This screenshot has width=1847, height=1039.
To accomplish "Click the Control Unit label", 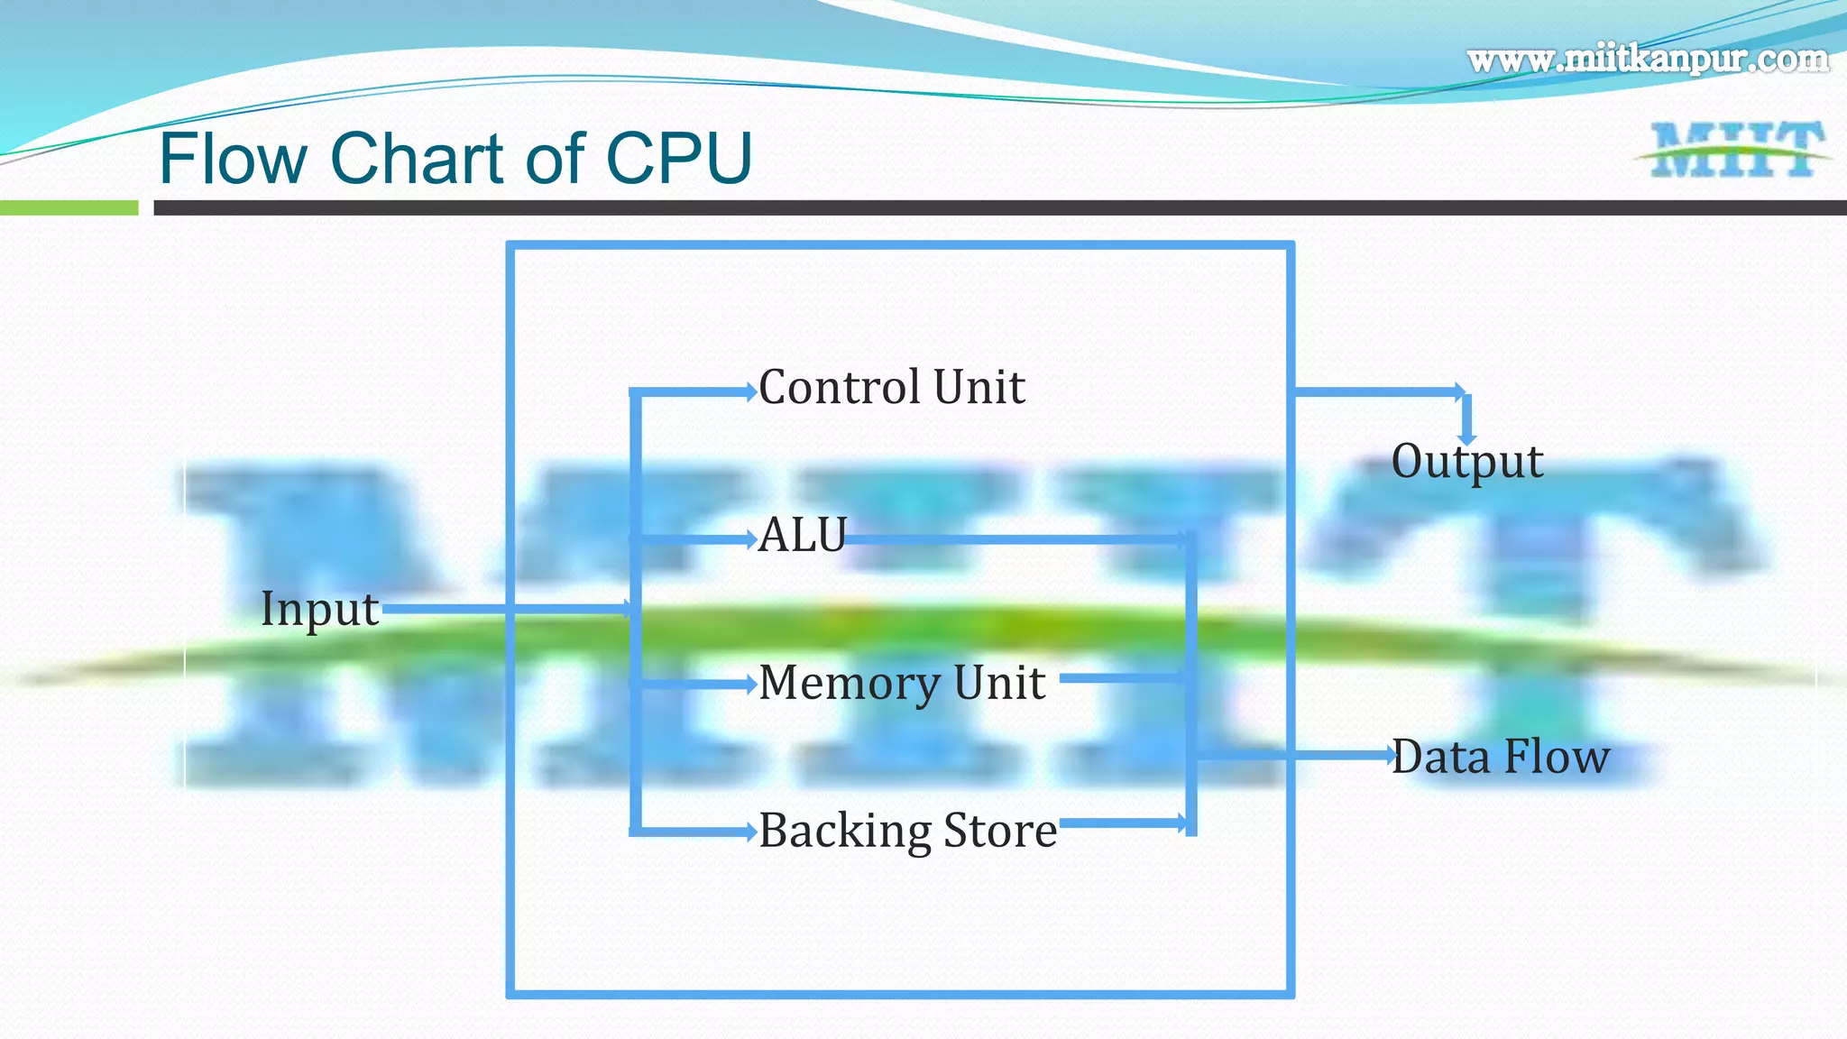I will (x=891, y=388).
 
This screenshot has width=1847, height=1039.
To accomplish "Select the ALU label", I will (x=803, y=535).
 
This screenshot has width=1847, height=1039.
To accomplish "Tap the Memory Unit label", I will (x=902, y=683).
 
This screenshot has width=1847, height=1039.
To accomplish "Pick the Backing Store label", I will (x=907, y=831).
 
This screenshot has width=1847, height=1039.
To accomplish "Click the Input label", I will (x=319, y=609).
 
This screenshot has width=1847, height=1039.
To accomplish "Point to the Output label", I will (x=1466, y=462).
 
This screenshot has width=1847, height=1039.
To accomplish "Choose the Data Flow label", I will (x=1500, y=757).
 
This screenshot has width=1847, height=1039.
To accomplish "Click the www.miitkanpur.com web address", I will (x=1647, y=60).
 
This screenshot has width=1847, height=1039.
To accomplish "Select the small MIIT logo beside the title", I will (x=1733, y=150).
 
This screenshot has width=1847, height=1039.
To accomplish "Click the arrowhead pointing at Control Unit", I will (x=750, y=391).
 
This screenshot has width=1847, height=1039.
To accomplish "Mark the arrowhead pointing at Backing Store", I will (x=750, y=832).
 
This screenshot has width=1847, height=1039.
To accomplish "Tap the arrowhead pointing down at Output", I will (x=1467, y=438).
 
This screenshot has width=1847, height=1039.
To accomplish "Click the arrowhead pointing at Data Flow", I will (x=1390, y=755).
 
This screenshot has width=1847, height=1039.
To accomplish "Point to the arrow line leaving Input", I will (x=505, y=609).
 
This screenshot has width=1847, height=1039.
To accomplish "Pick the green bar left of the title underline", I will (x=69, y=208).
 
